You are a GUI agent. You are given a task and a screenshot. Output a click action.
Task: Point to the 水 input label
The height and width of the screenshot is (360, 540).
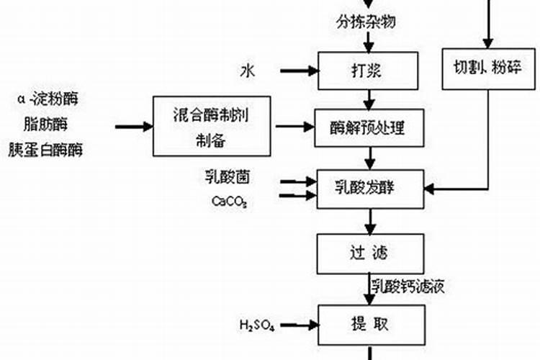pos(248,71)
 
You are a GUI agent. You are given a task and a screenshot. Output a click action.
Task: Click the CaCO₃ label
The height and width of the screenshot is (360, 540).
pos(229,201)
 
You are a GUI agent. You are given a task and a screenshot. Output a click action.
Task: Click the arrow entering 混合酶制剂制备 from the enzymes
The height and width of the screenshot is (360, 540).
pos(134,127)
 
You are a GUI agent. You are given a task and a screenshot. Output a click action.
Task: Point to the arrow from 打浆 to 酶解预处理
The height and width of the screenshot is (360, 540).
pos(369,99)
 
